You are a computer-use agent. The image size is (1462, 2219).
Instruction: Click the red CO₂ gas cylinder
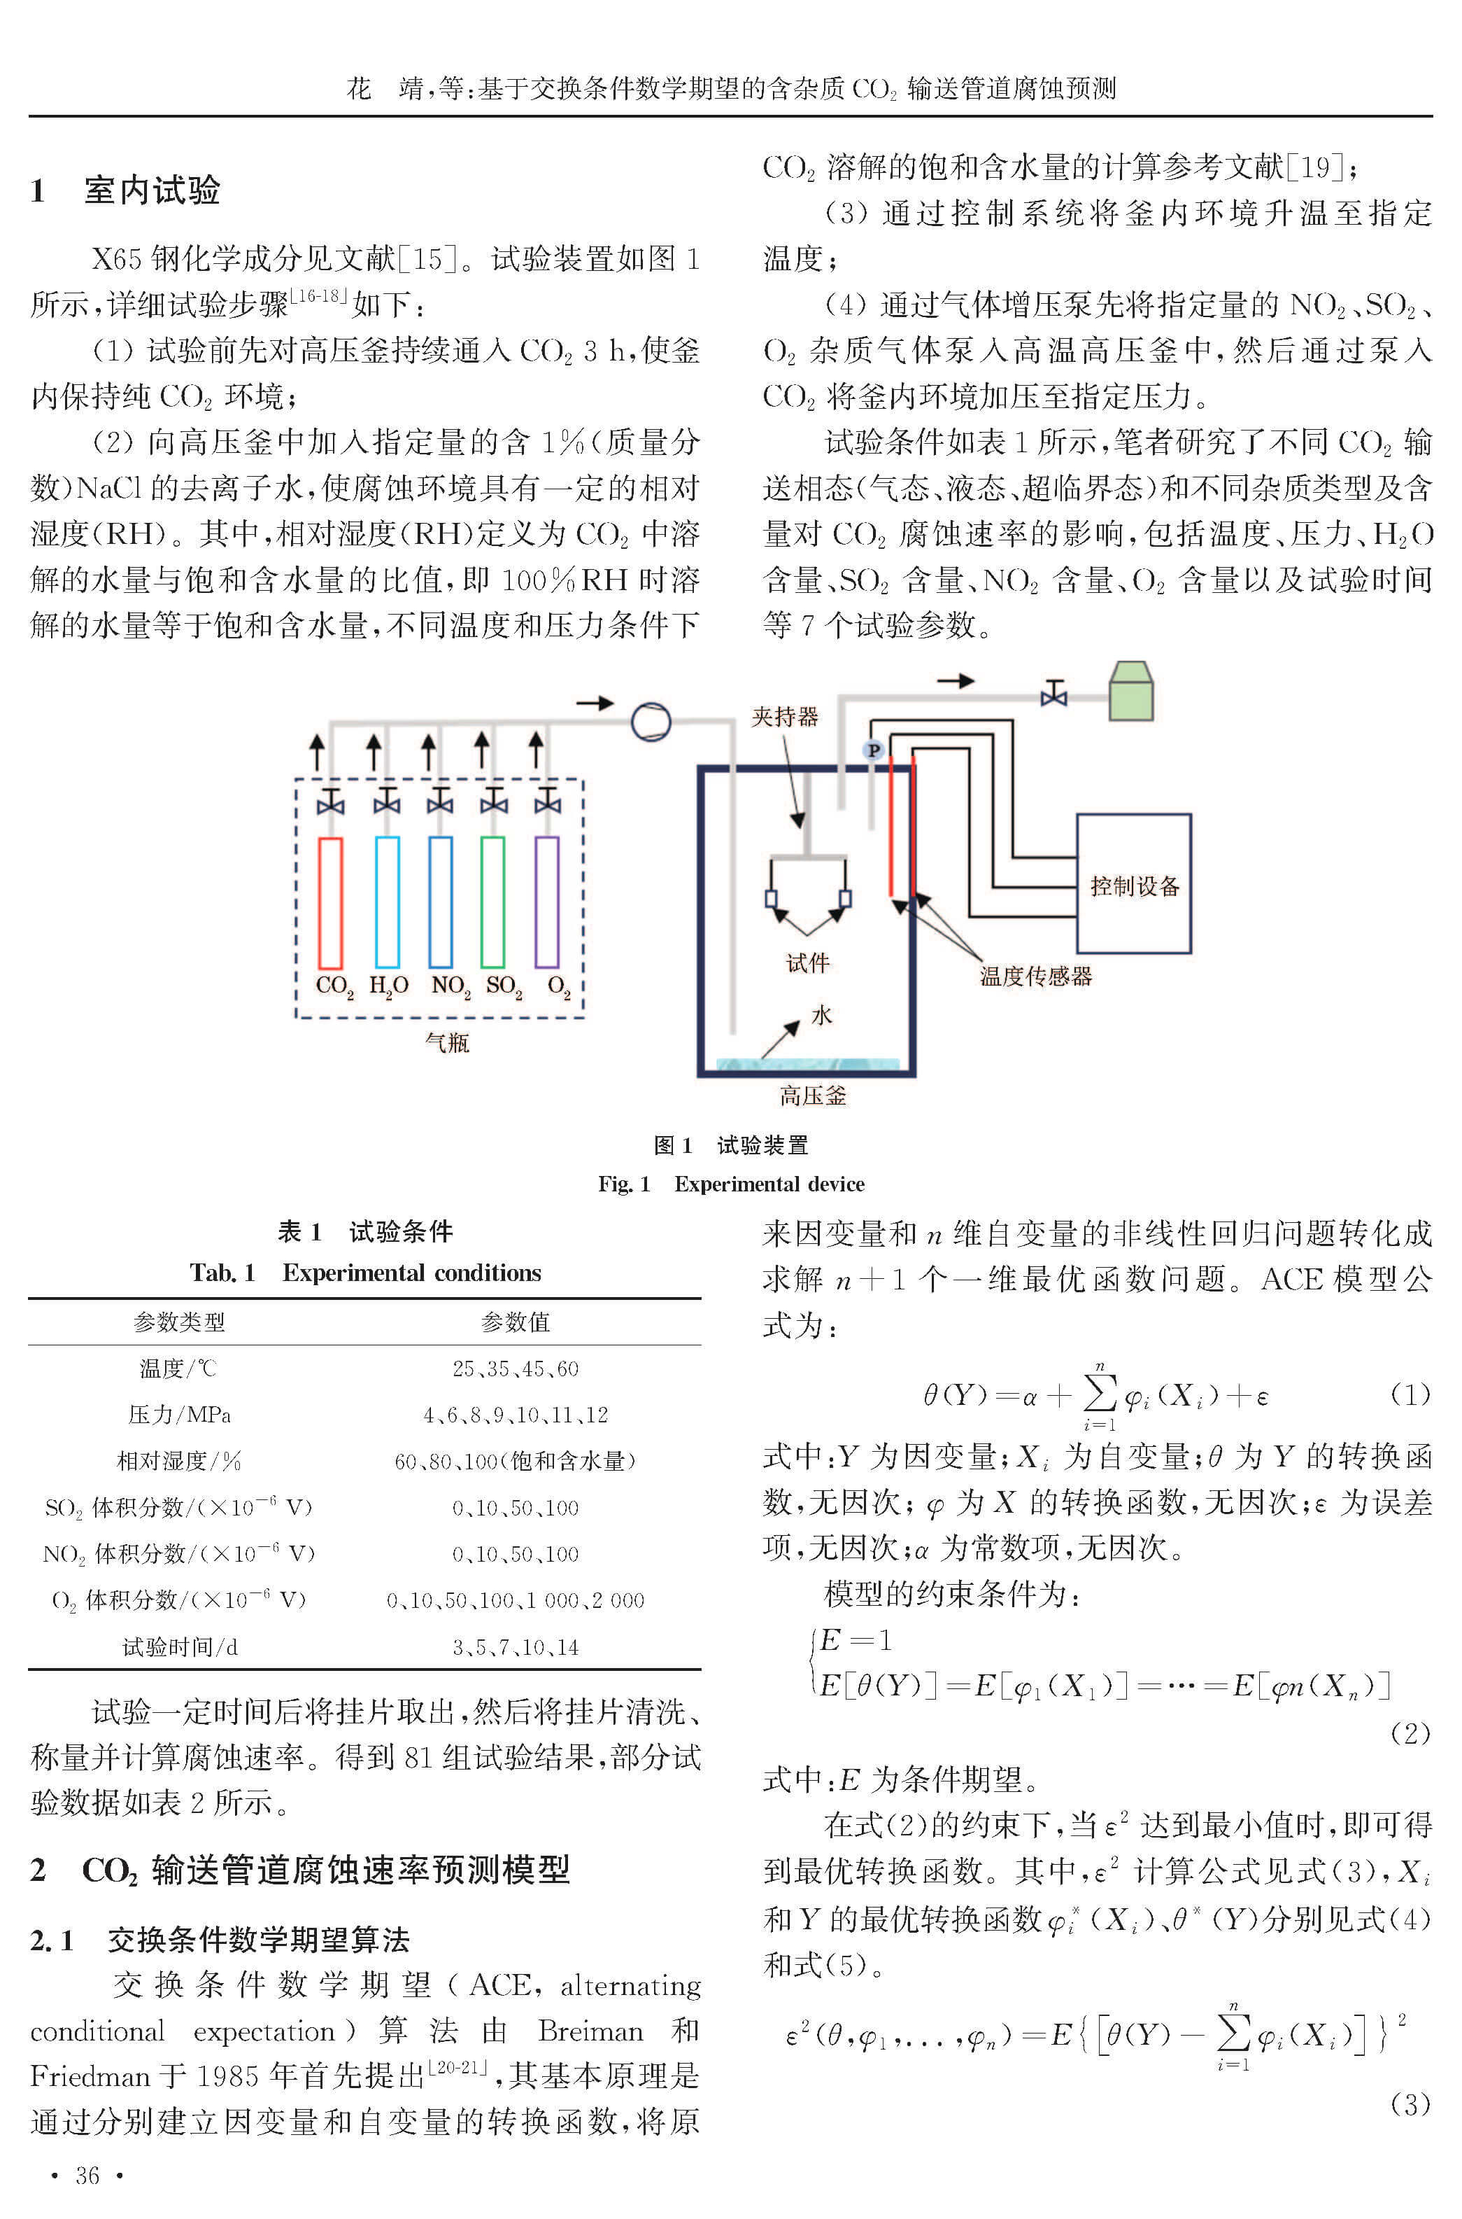[x=330, y=902]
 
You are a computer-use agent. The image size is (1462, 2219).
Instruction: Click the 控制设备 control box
[x=1134, y=883]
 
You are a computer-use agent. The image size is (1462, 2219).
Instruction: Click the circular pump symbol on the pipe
[x=651, y=721]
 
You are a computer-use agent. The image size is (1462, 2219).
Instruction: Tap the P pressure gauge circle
[x=874, y=750]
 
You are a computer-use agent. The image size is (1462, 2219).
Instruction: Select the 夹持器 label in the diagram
[x=785, y=716]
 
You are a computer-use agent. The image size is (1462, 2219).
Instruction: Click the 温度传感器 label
[x=1035, y=976]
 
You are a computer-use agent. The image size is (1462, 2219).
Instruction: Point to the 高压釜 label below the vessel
[x=813, y=1096]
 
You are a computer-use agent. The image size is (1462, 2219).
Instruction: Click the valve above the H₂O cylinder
[x=386, y=801]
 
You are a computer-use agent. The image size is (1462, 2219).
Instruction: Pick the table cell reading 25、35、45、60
[x=516, y=1368]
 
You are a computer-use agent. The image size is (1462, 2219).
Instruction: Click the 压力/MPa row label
[x=179, y=1415]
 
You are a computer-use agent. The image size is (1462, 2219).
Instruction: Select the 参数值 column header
[x=516, y=1322]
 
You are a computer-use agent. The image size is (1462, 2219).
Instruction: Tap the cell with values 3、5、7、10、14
[x=516, y=1647]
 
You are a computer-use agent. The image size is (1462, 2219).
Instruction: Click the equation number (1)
[x=1410, y=1394]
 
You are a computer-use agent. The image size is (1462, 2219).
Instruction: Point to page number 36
[x=87, y=2175]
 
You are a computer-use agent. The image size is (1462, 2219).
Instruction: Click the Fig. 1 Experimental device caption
[x=731, y=1184]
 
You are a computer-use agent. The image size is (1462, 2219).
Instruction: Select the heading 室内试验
[x=152, y=190]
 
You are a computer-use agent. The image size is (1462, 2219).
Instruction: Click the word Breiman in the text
[x=590, y=2031]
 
